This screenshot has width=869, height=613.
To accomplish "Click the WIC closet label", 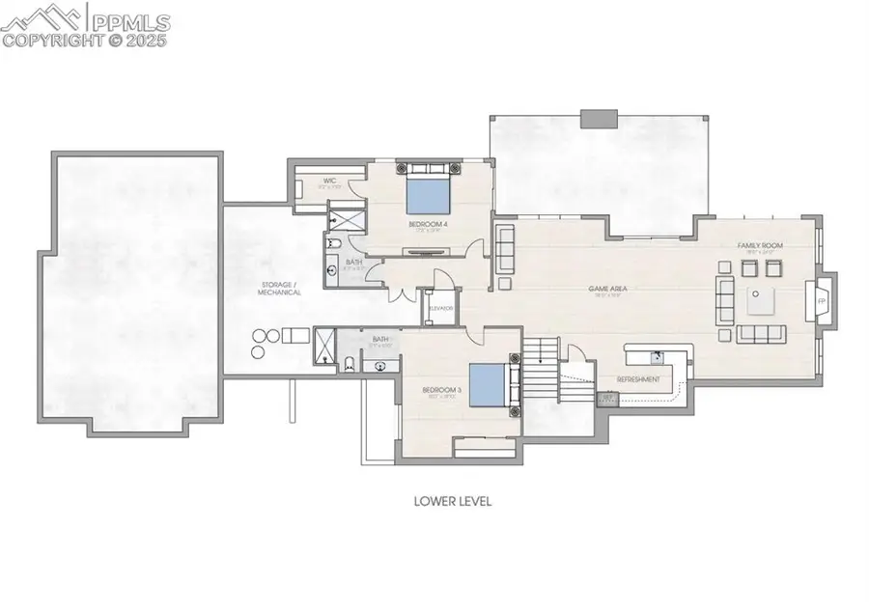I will point(329,181).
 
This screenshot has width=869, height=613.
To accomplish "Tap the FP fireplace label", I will point(822,302).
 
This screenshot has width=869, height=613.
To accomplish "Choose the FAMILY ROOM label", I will point(759,246).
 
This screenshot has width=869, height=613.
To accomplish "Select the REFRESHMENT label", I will point(639,379).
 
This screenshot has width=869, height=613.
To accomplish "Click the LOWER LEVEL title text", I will point(453,501).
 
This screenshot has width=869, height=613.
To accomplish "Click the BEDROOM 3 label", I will point(437,392).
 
